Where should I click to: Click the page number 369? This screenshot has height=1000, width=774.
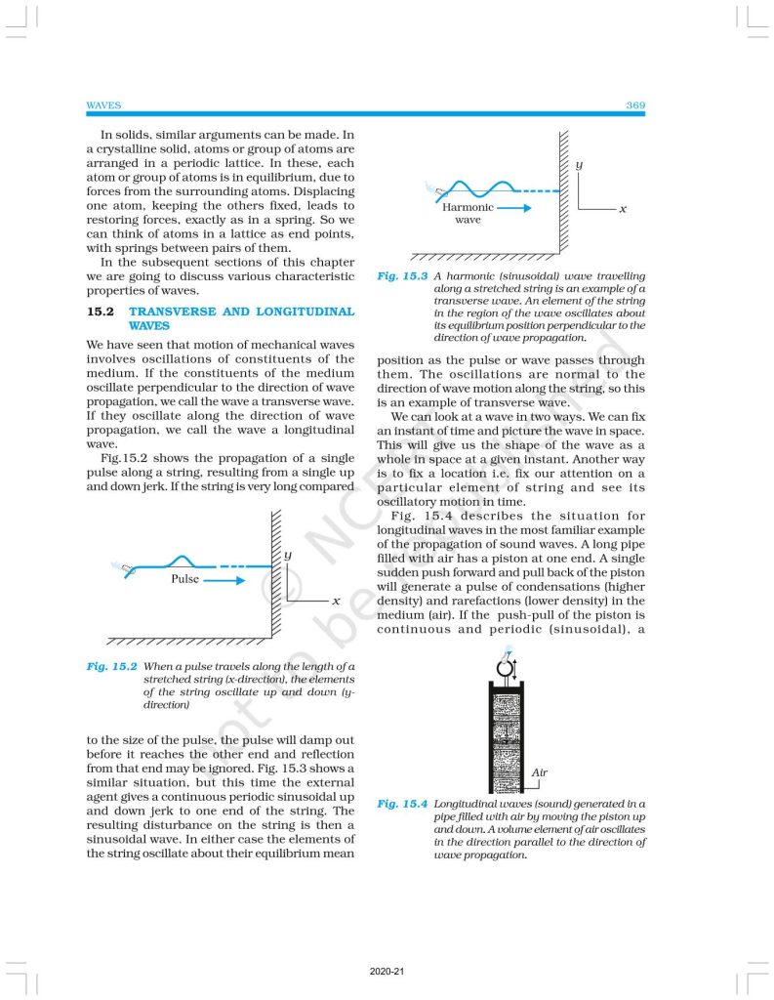[x=634, y=104]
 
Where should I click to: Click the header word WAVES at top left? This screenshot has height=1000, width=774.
[x=103, y=104]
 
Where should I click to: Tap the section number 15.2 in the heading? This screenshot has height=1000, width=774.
[x=101, y=312]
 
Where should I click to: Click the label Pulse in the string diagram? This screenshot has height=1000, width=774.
[x=183, y=578]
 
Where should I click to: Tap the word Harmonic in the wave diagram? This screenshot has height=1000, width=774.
[x=468, y=208]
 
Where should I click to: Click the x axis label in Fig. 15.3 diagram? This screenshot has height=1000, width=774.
[x=622, y=210]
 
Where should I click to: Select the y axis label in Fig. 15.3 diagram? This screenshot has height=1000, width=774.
[x=580, y=167]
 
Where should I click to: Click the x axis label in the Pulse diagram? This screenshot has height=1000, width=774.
[x=336, y=601]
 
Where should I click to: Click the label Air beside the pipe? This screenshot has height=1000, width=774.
[x=540, y=772]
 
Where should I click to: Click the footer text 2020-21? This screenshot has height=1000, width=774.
[x=387, y=973]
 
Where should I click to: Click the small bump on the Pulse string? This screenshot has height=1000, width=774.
[x=182, y=561]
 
